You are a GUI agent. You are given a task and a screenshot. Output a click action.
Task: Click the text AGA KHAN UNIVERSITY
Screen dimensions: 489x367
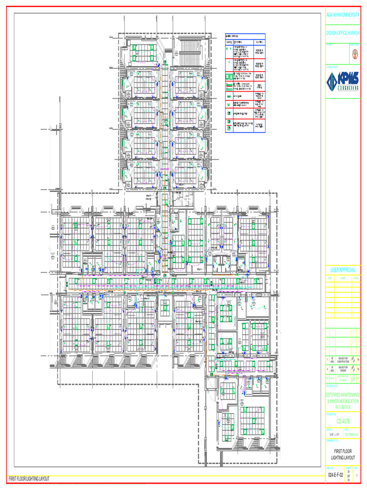(x=343, y=16)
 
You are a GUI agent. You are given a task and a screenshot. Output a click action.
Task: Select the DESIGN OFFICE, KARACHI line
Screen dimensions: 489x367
(x=343, y=32)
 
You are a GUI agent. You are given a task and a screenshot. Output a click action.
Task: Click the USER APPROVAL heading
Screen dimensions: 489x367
(x=343, y=270)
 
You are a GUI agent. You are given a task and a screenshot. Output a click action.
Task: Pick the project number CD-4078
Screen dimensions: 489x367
(x=343, y=421)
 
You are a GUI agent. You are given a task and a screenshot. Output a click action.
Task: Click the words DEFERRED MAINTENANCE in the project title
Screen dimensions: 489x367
(x=343, y=394)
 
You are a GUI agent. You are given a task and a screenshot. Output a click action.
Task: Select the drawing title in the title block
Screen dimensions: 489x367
(x=343, y=454)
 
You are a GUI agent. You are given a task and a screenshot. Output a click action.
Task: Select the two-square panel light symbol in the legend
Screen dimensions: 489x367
(x=229, y=76)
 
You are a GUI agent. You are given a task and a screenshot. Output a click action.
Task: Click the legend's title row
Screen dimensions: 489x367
(x=245, y=36)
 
